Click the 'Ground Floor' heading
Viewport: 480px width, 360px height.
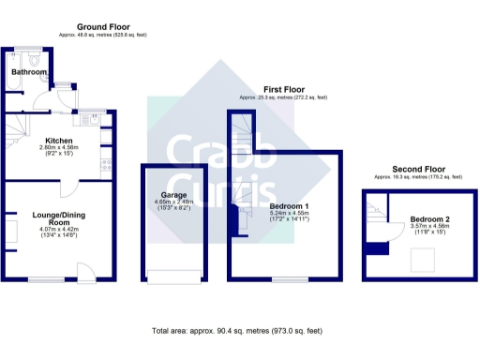pyautogui.click(x=103, y=27)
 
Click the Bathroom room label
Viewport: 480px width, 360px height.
pyautogui.click(x=28, y=71)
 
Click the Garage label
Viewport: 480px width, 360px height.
pyautogui.click(x=172, y=196)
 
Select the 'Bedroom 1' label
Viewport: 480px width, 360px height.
pyautogui.click(x=290, y=205)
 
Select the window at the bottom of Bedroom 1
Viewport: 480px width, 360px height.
pyautogui.click(x=289, y=279)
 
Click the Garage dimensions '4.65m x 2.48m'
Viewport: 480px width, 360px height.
pyautogui.click(x=172, y=203)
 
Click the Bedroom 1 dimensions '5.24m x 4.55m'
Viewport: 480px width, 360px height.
pyautogui.click(x=290, y=214)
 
